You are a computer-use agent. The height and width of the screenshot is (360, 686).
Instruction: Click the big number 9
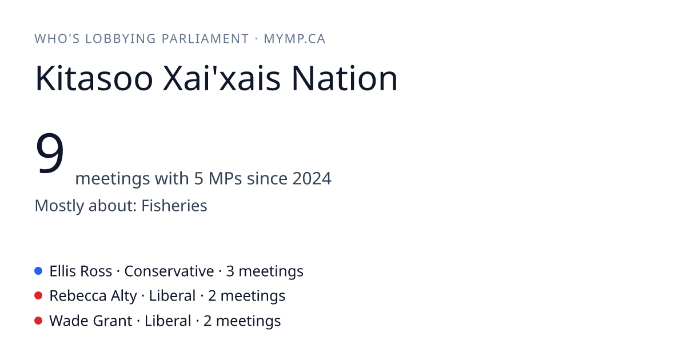(50, 153)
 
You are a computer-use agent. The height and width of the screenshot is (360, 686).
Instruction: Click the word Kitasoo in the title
(94, 78)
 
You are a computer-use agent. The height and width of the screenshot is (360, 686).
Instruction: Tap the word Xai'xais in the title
(221, 78)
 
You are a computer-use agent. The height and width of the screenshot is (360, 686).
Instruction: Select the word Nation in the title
(345, 78)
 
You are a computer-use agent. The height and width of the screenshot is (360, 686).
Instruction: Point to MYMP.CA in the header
(294, 39)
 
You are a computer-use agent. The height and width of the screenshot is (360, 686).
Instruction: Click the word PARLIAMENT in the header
(205, 39)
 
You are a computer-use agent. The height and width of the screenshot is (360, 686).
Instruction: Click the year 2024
(312, 178)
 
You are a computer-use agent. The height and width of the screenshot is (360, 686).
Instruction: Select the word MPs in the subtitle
(225, 178)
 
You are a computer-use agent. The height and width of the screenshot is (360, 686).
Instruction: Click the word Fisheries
(174, 205)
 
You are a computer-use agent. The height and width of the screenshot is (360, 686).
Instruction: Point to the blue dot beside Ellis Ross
(38, 271)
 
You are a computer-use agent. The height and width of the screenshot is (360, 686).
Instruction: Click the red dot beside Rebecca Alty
(38, 296)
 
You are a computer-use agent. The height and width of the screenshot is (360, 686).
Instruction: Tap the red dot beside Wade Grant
(38, 321)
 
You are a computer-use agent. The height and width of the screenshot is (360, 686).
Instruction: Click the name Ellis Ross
(81, 271)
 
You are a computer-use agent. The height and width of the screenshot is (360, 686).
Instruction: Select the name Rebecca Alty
(93, 296)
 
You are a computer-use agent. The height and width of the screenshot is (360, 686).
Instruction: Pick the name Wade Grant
(91, 321)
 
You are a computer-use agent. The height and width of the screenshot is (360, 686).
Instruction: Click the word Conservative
(169, 271)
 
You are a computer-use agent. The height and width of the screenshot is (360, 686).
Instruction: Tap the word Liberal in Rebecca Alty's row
(172, 296)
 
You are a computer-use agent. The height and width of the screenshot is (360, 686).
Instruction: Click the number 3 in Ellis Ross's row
(230, 271)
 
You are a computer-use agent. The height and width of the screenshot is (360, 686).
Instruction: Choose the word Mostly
(59, 205)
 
